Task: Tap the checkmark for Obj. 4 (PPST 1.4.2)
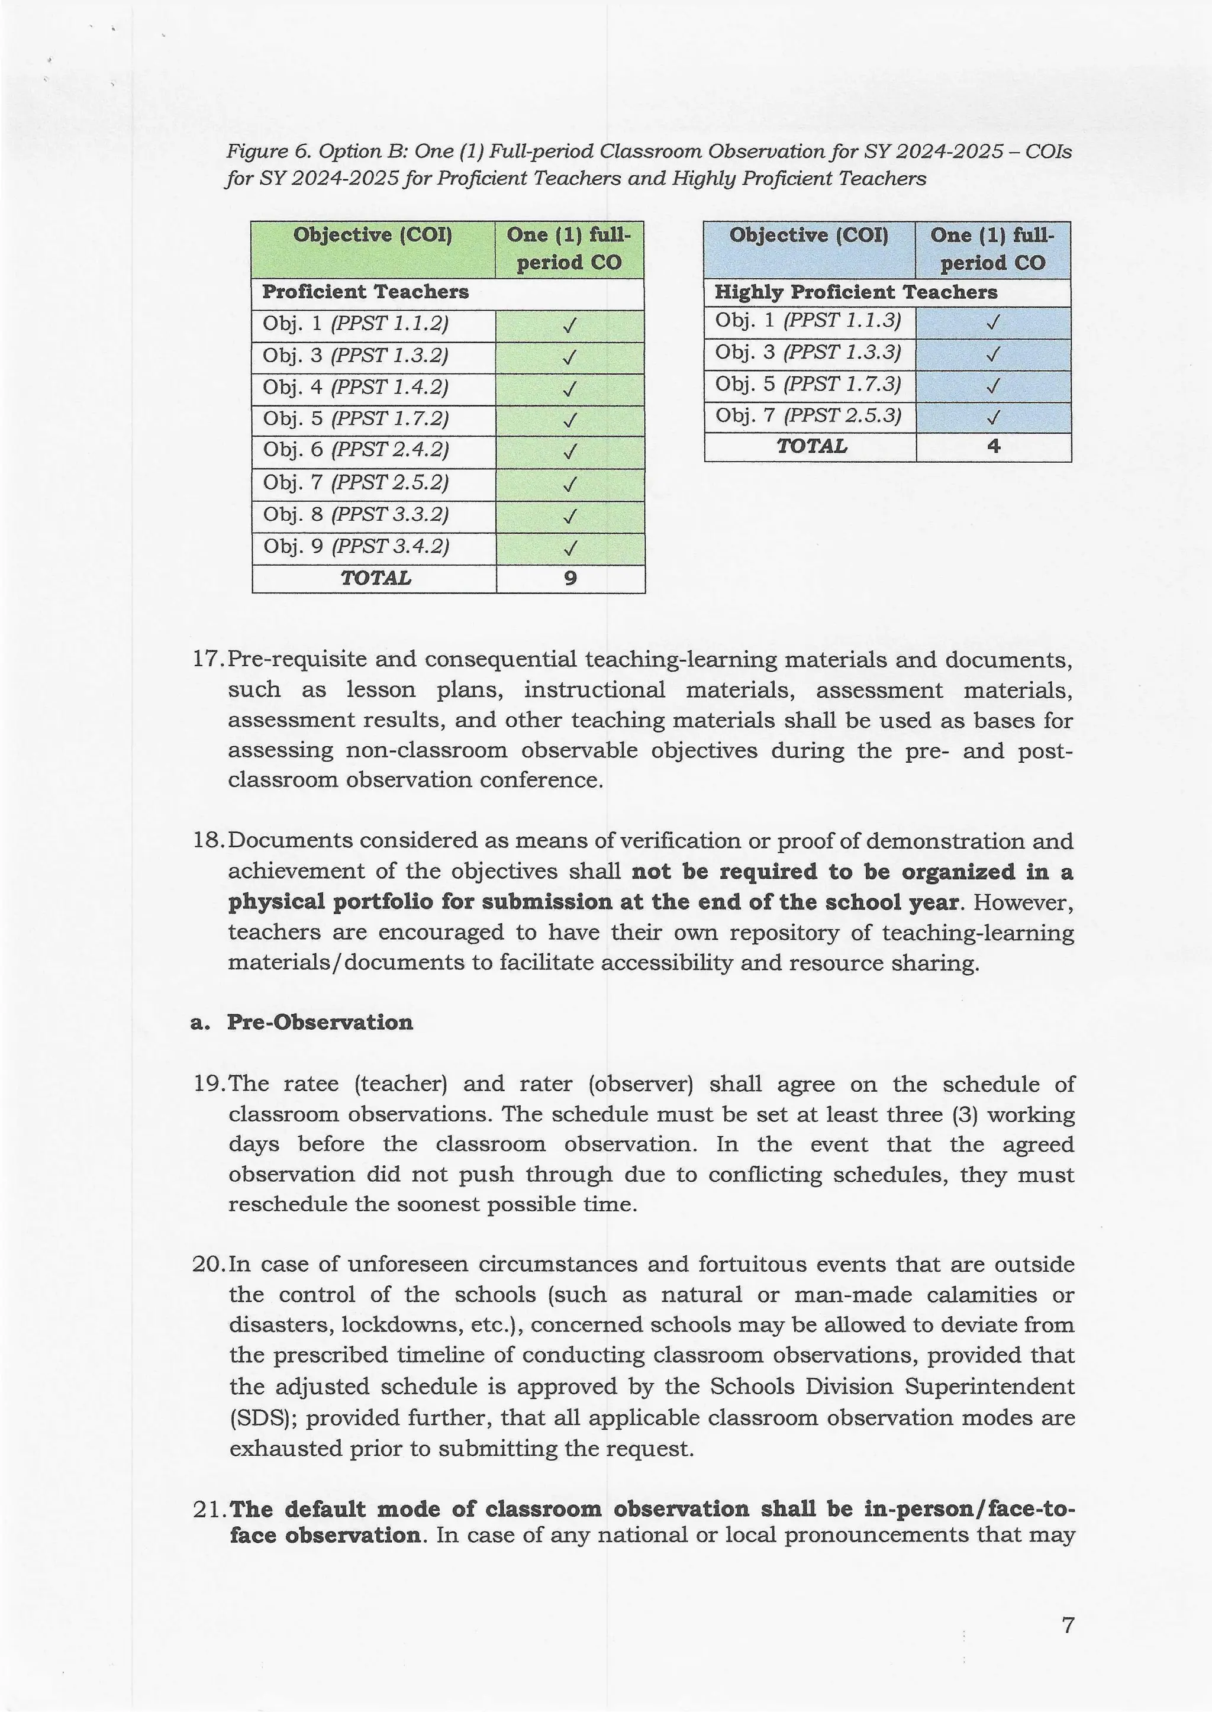569,389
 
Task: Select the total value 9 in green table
570,578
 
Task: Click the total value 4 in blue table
994,446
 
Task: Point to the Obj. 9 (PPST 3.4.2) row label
356,547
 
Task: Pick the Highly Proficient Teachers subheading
855,292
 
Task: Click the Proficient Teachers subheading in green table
365,292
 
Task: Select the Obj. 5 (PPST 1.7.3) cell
808,384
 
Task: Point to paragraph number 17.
208,660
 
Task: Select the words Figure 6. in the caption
269,152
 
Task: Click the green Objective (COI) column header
372,235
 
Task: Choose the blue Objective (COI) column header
809,235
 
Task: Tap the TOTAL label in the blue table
811,446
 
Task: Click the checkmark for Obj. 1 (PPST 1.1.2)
569,326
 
